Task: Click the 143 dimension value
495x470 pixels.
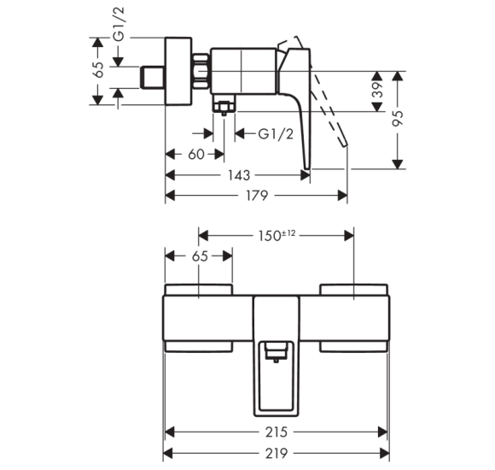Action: point(239,175)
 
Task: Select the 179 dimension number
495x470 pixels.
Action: point(257,196)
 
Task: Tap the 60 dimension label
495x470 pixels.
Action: point(196,155)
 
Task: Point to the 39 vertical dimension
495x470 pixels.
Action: point(377,90)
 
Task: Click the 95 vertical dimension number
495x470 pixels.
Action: point(398,118)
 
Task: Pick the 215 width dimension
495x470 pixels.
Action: point(277,432)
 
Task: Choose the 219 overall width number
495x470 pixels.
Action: point(277,454)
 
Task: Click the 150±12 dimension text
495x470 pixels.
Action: point(277,236)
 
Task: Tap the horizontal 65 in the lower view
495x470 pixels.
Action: point(200,256)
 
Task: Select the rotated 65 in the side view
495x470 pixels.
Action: point(98,69)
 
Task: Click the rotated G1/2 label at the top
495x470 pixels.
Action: point(119,24)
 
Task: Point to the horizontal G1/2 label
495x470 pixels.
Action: point(276,134)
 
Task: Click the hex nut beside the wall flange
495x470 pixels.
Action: point(201,71)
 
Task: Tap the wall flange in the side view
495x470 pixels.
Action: point(178,71)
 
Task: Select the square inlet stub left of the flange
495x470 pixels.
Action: point(152,78)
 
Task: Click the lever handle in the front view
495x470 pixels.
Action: point(277,356)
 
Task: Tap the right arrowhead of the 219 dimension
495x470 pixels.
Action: point(385,454)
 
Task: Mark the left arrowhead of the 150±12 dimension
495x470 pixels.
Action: point(203,236)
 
